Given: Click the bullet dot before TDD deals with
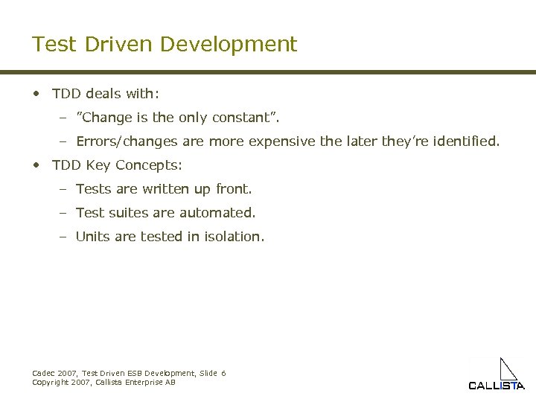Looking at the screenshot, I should click(36, 94).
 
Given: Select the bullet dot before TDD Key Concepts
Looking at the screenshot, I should click(36, 165).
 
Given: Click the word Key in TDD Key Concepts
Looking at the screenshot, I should click(100, 165).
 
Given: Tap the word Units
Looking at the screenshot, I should click(93, 237).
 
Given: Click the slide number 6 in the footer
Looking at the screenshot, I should click(223, 373).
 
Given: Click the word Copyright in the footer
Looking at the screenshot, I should click(50, 382).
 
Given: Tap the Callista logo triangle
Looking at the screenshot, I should click(508, 369).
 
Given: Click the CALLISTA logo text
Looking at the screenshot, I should click(496, 386).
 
